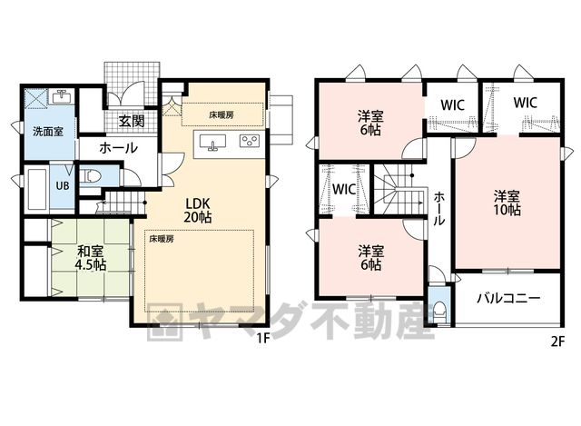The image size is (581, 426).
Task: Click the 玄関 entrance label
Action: click(x=132, y=121)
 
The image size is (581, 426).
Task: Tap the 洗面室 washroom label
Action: click(x=48, y=131)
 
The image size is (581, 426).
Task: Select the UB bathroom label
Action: click(x=63, y=185)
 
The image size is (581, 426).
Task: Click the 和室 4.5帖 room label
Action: click(x=91, y=258)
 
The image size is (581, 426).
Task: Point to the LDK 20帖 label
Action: click(x=198, y=210)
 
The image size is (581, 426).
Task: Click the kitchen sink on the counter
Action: click(x=212, y=143)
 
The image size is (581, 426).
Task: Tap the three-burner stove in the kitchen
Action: click(x=249, y=141)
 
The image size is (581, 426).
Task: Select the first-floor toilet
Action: click(x=90, y=176)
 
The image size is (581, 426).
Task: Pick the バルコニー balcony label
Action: click(x=508, y=299)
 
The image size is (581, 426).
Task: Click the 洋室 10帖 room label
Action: click(x=507, y=203)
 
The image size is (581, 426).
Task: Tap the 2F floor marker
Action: click(x=557, y=342)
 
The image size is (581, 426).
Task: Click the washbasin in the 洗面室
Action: click(x=62, y=97)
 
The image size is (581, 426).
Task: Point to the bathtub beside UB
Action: click(x=37, y=190)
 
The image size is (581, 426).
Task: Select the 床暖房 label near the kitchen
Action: click(x=222, y=115)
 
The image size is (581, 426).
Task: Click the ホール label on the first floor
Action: click(x=119, y=148)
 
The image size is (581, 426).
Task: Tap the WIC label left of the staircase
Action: click(x=344, y=190)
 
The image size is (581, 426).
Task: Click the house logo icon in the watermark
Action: click(x=165, y=322)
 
